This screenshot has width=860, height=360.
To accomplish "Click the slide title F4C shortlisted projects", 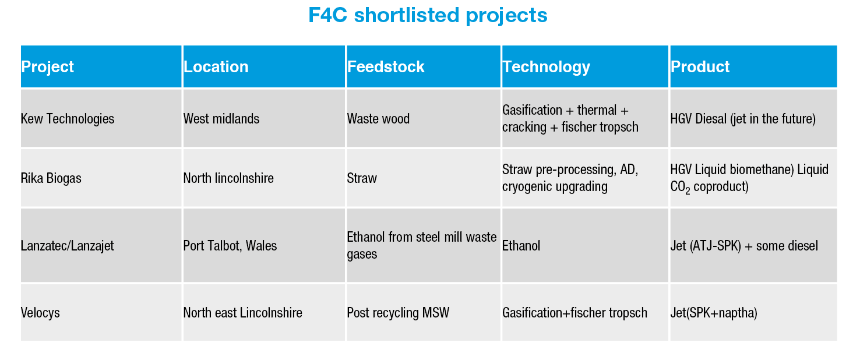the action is (428, 16).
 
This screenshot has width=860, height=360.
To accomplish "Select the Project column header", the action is (47, 67).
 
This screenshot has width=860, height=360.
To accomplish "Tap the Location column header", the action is (216, 67).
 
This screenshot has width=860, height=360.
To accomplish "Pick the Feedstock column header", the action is (386, 67).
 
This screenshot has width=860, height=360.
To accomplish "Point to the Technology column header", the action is (546, 67).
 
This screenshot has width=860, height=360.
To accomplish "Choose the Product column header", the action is (700, 67).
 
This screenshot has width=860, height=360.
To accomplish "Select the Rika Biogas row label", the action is (51, 178).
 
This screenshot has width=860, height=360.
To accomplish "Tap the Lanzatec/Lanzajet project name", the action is (67, 246).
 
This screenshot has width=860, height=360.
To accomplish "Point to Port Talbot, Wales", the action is (230, 246).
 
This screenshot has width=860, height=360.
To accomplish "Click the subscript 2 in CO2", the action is (688, 190).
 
